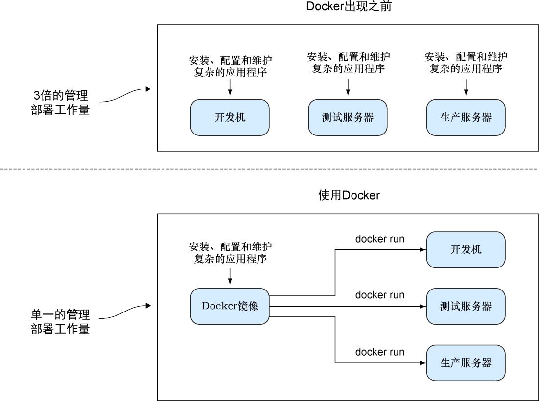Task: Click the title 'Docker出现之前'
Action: pyautogui.click(x=349, y=7)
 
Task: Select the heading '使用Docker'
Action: pyautogui.click(x=349, y=195)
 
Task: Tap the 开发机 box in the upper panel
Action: pyautogui.click(x=230, y=117)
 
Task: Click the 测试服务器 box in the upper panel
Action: pyautogui.click(x=348, y=117)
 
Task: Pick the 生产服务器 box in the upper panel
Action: pyautogui.click(x=466, y=117)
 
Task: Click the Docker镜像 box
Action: pyautogui.click(x=230, y=306)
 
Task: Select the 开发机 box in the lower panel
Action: pyautogui.click(x=466, y=250)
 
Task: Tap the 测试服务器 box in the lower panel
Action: pyautogui.click(x=466, y=307)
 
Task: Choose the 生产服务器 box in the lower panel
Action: pyautogui.click(x=466, y=363)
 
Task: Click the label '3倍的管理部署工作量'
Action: pyautogui.click(x=60, y=102)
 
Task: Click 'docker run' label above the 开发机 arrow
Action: pyautogui.click(x=380, y=239)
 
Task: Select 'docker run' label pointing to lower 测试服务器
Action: pyautogui.click(x=380, y=295)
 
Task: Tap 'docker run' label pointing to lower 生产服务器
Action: pyautogui.click(x=380, y=352)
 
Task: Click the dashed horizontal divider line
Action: pyautogui.click(x=269, y=169)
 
